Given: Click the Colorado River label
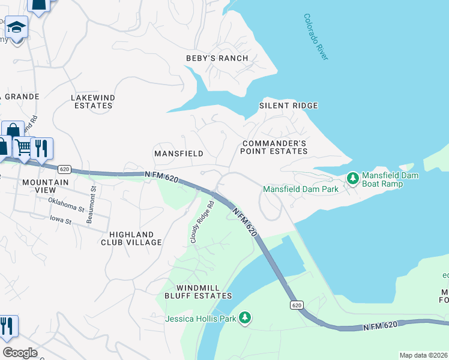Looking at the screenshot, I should (316, 37).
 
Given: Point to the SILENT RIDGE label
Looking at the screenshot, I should (288, 106).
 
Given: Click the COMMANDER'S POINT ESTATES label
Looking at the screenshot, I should (274, 148).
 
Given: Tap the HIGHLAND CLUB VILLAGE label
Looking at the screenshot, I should (135, 238).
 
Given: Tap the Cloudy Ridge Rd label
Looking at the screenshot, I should (202, 221).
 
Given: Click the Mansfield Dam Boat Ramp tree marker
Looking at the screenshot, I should (352, 178).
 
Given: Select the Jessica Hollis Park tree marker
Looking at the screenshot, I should (244, 317).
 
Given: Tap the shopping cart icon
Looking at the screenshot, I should (23, 147).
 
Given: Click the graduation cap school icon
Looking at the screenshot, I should (17, 28).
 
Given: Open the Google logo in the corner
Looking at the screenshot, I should (19, 353).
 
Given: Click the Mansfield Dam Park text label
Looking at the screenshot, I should (301, 189).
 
